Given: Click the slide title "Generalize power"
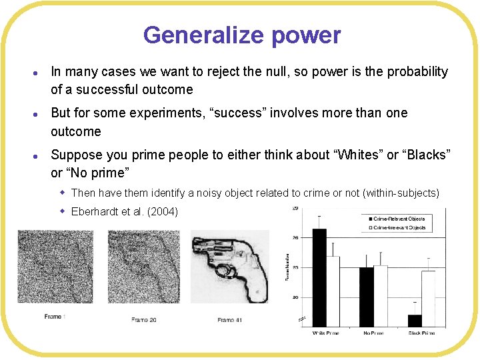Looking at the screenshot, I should pos(241,35).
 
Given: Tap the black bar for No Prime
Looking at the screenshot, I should pos(367,297).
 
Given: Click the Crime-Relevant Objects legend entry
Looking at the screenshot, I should pos(399,219).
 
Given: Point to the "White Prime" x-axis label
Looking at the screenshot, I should pos(327,332).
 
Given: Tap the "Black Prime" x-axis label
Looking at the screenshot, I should pos(421,332).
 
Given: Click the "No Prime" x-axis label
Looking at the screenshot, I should pos(374,332).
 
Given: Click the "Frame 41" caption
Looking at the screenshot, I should pos(230,320).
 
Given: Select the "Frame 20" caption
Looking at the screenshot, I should pos(144,320).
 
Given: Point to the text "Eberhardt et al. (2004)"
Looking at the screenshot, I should pos(125,212).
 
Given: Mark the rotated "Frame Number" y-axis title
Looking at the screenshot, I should pos(288,267).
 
